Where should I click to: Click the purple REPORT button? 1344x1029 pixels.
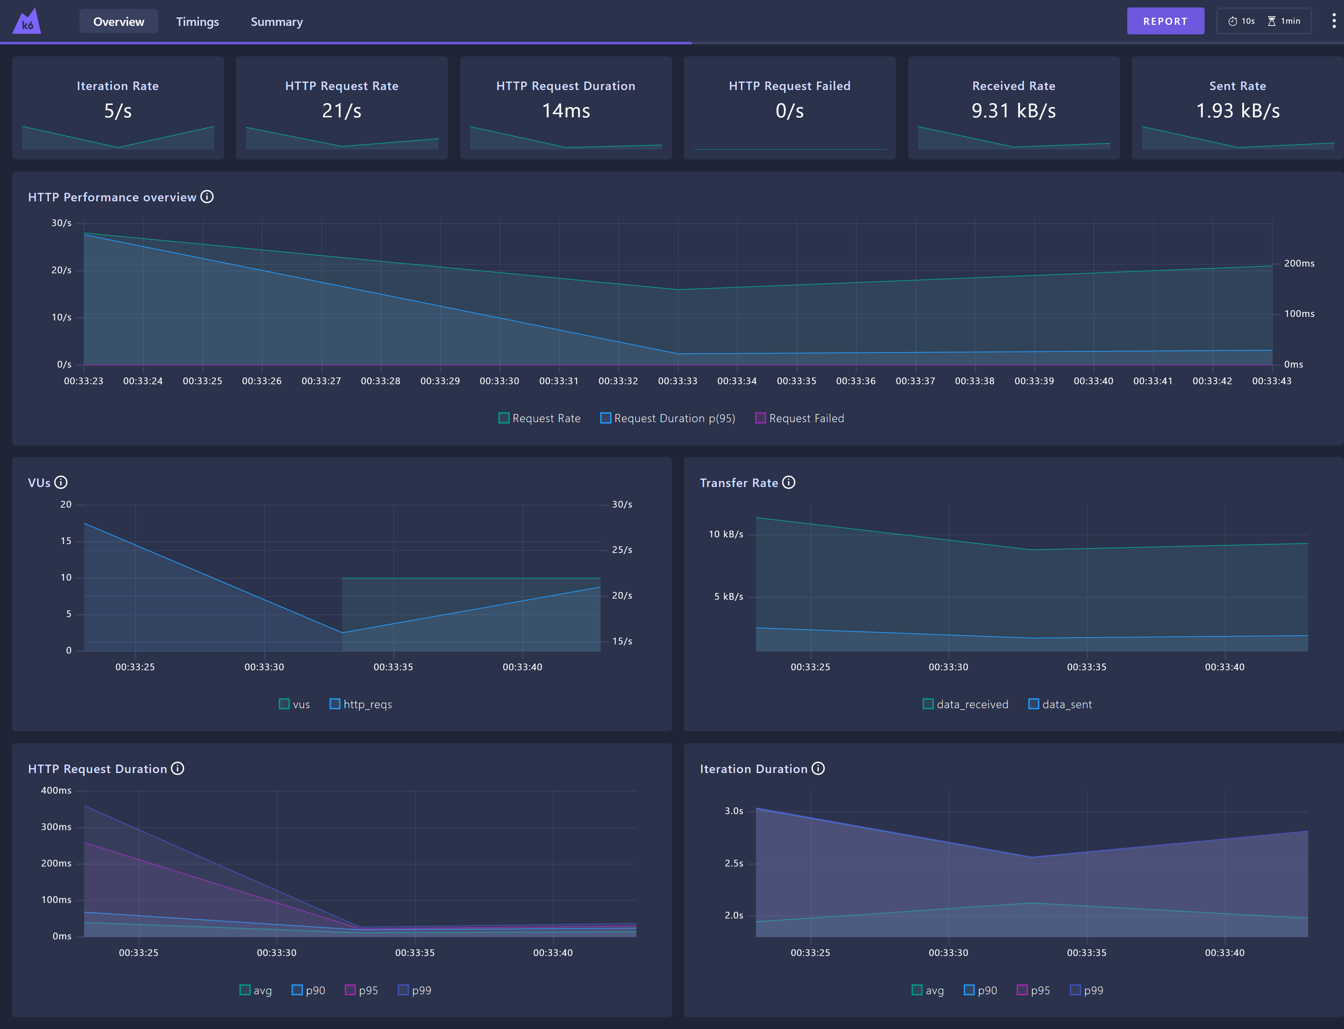tap(1165, 21)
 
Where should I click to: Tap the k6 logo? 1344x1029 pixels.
tap(27, 21)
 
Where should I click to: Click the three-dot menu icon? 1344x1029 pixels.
tap(1334, 21)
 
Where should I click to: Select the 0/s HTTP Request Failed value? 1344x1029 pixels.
tap(789, 111)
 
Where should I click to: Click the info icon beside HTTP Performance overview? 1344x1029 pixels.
tap(207, 197)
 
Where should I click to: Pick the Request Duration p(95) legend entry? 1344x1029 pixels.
tap(668, 418)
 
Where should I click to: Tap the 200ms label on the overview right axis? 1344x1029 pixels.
tap(1299, 263)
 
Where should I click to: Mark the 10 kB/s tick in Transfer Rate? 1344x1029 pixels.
tap(726, 534)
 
